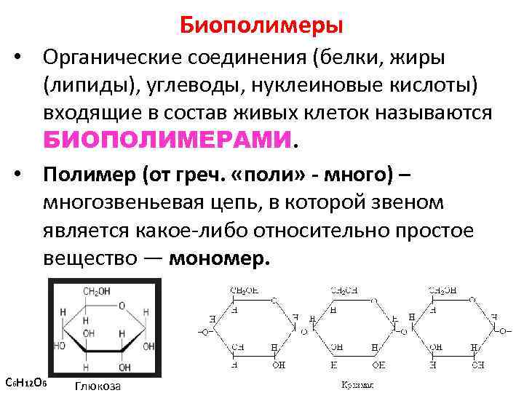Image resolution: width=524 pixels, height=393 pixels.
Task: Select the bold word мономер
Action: pyautogui.click(x=219, y=259)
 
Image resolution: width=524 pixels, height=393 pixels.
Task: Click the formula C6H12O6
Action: pyautogui.click(x=26, y=381)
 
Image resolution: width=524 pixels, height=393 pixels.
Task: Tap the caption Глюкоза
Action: pyautogui.click(x=98, y=386)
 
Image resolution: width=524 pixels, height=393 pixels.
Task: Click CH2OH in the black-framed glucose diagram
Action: pyautogui.click(x=96, y=292)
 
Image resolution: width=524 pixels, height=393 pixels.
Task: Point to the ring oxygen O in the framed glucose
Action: pyautogui.click(x=121, y=304)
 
